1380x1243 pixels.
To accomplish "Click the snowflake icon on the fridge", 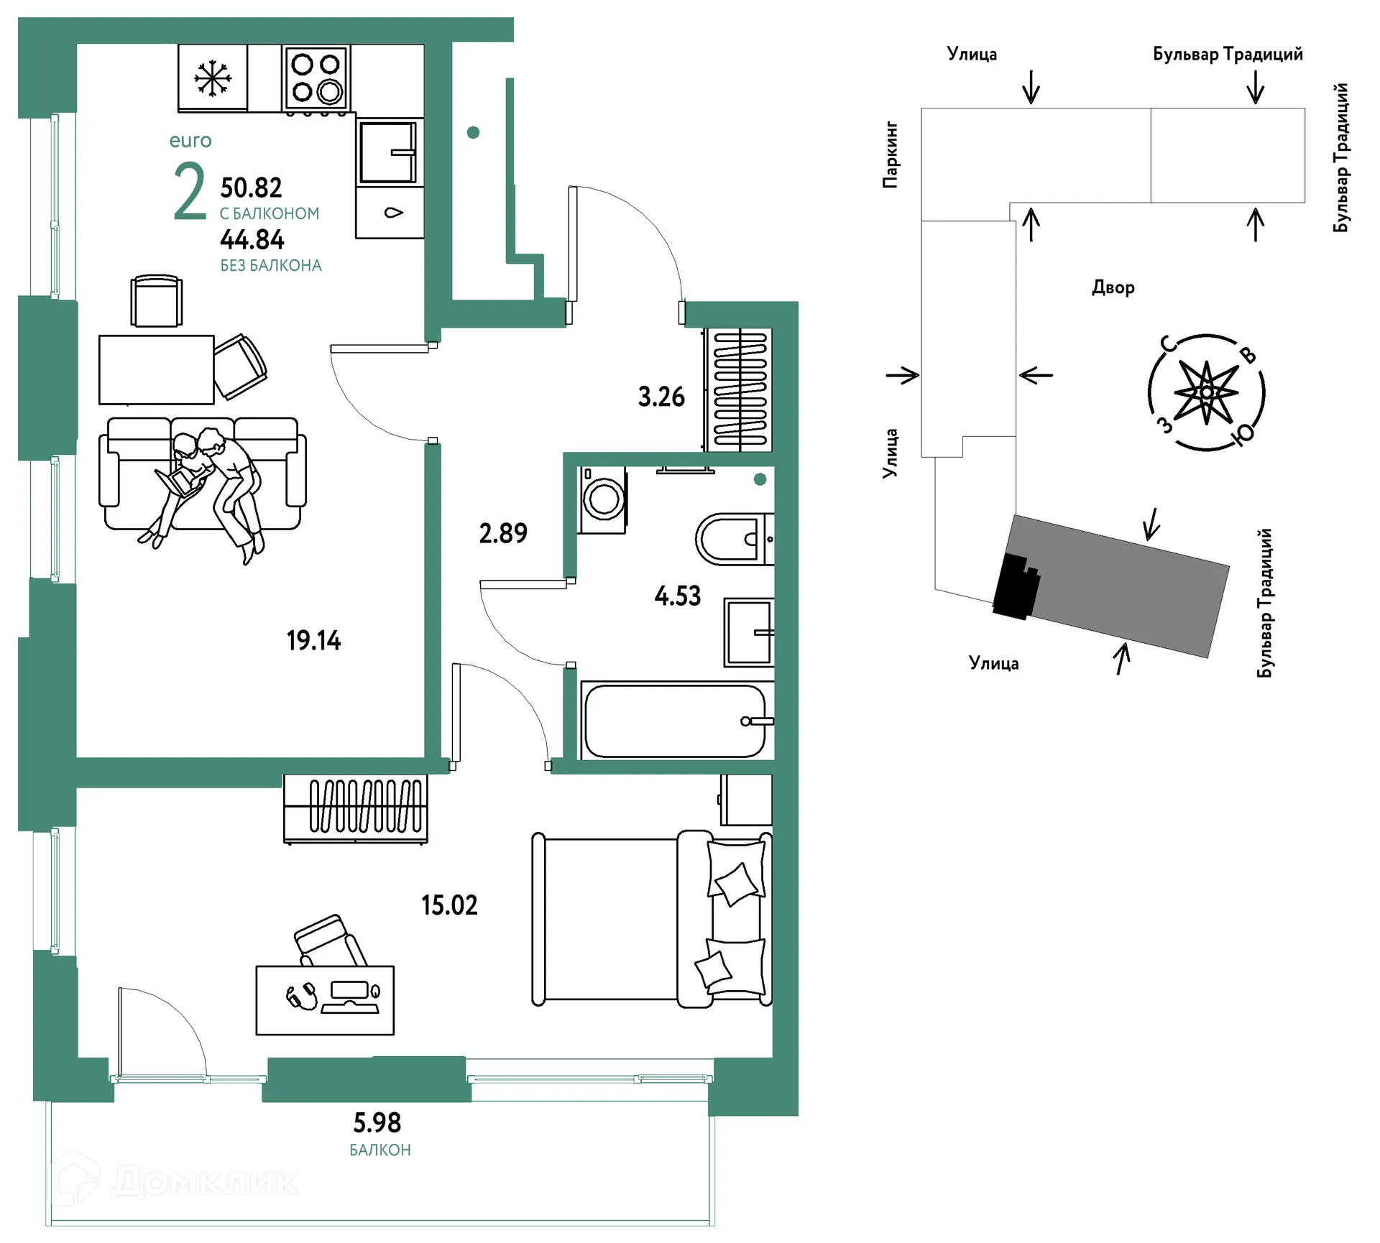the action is click(x=213, y=78).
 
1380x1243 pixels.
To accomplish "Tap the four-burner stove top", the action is click(x=316, y=78).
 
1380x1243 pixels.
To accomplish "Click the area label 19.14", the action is click(x=313, y=640).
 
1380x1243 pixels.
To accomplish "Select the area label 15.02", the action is click(x=449, y=905).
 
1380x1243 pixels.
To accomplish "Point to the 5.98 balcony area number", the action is click(x=377, y=1122).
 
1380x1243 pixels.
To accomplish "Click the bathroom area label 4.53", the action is click(x=678, y=596).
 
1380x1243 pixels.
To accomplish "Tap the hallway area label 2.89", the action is click(x=503, y=533).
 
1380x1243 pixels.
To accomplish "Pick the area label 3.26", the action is click(x=661, y=397).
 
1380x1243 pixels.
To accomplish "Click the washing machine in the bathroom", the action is click(x=603, y=500).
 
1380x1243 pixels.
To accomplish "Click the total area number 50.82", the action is click(x=251, y=188).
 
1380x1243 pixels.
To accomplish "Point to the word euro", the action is click(x=190, y=141).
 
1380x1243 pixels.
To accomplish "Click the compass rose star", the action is click(x=1206, y=392).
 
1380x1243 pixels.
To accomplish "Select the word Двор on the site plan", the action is click(x=1113, y=287).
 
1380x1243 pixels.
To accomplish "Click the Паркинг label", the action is click(x=891, y=154).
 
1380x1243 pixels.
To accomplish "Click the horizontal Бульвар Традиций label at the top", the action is click(x=1228, y=55).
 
